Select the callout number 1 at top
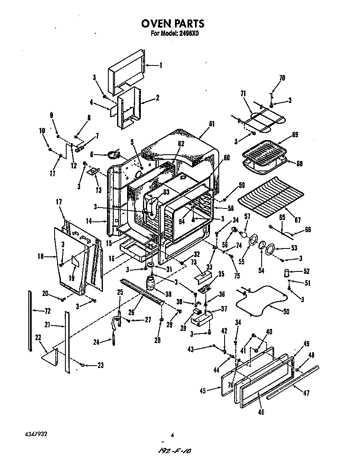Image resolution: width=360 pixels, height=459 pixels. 161,65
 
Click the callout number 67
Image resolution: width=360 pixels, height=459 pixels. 286,220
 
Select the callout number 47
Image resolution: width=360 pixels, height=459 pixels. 307,393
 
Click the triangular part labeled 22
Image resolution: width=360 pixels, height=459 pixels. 50,356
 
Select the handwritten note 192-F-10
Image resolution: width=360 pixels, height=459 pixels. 178,451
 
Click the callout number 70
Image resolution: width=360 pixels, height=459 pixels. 282,78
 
